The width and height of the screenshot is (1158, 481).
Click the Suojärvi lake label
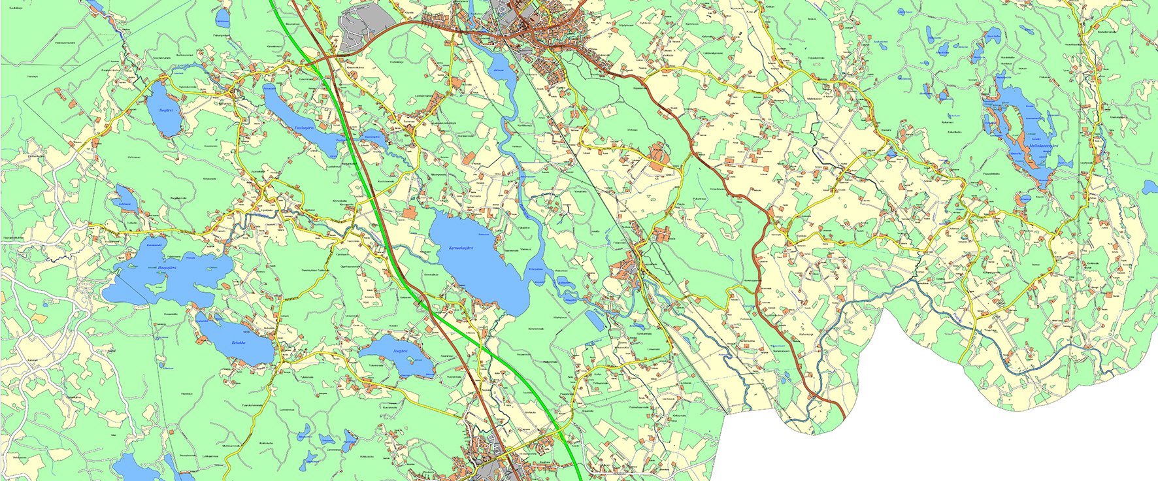pos(165,110)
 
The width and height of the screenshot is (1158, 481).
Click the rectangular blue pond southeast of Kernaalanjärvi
pos(595,320)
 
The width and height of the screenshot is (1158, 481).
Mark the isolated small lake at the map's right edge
pos(1150,188)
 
